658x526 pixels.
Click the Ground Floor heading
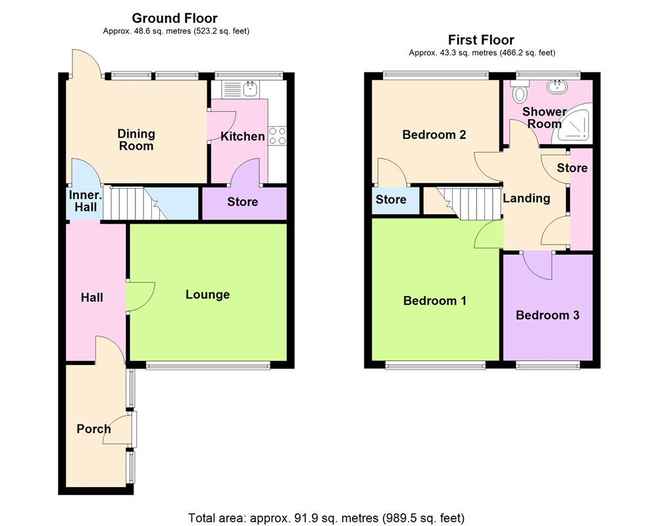click(x=174, y=18)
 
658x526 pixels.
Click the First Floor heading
click(x=481, y=40)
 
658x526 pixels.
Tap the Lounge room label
click(x=207, y=295)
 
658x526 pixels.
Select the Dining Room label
click(x=136, y=139)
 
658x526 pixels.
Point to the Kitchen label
click(x=242, y=137)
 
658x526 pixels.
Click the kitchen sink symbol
click(x=249, y=87)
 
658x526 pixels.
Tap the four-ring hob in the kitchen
click(x=277, y=135)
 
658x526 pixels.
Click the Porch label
click(x=93, y=429)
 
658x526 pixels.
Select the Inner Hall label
click(x=83, y=201)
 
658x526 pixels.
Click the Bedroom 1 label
click(x=434, y=301)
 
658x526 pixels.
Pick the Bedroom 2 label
click(x=434, y=135)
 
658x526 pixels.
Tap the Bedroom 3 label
click(x=547, y=316)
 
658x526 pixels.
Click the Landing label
click(x=526, y=198)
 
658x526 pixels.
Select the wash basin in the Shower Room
click(x=560, y=86)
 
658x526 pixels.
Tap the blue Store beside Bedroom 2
click(x=391, y=200)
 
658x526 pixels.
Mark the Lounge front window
click(x=207, y=366)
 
